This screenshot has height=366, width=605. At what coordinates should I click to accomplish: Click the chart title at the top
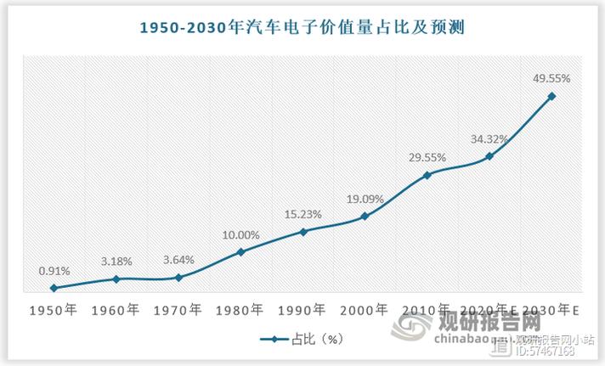pos(302,28)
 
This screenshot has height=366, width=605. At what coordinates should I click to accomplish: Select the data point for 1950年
pos(54,288)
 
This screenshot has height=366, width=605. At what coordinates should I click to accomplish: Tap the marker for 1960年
pos(116,279)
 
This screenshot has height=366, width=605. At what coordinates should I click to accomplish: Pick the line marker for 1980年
pos(240,251)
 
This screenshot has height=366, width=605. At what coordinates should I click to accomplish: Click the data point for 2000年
pos(365,217)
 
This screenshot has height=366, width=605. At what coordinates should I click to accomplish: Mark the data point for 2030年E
pos(551,96)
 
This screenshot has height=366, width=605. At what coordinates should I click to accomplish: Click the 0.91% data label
pos(54,270)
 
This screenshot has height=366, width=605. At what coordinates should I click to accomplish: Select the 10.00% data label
pos(240,234)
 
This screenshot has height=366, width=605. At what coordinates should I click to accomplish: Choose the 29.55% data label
pos(427,157)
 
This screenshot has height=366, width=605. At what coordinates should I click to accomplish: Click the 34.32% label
pos(489,138)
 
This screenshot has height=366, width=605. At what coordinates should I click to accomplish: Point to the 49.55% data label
pos(551,78)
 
